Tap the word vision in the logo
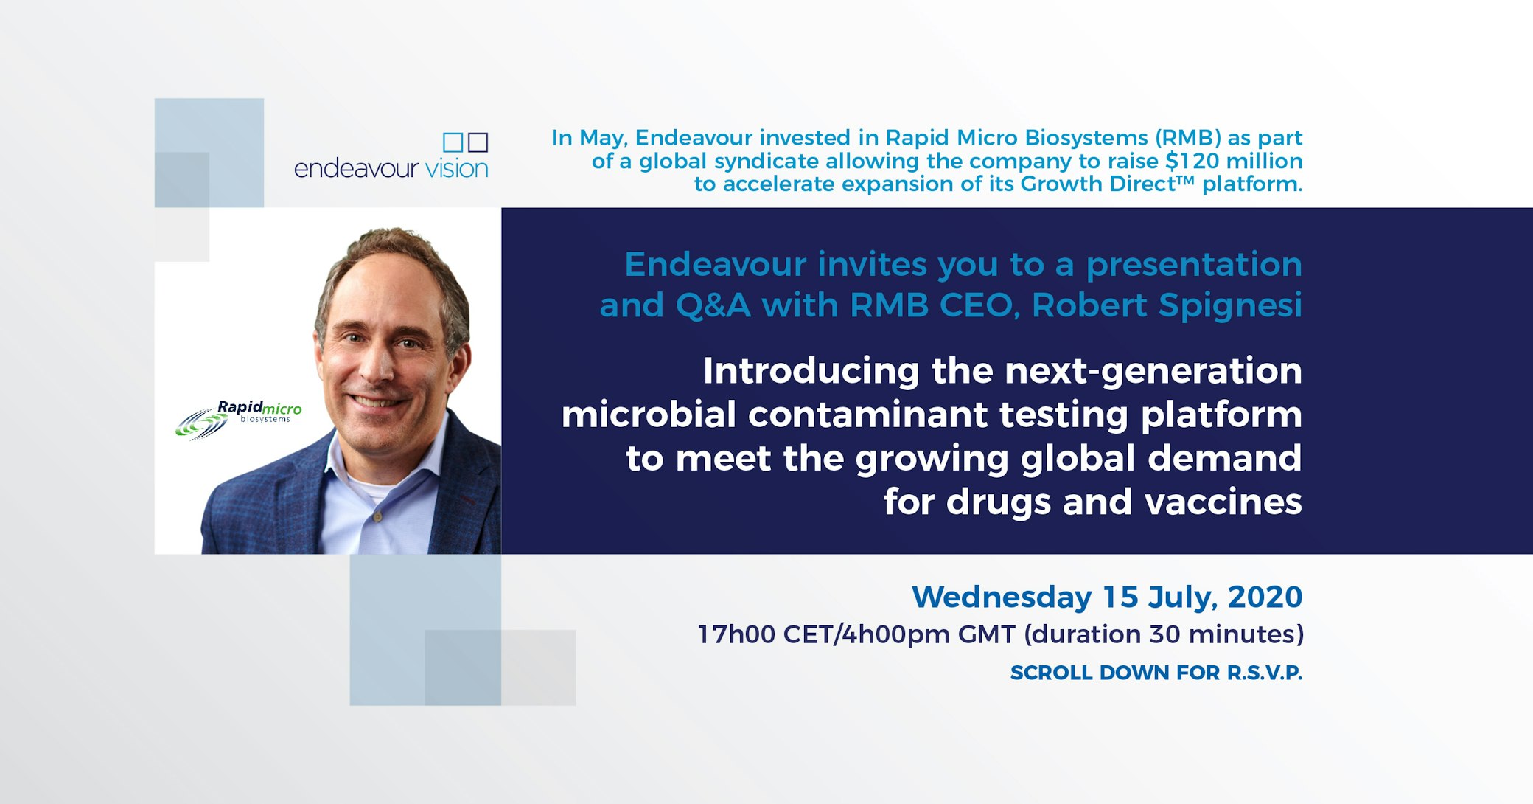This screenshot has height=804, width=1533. [456, 169]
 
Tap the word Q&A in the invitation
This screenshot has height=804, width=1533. [713, 305]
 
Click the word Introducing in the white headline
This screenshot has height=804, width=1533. [811, 370]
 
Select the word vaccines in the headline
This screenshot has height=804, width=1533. [1223, 502]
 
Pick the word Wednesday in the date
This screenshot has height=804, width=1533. [1002, 597]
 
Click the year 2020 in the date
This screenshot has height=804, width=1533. [1265, 597]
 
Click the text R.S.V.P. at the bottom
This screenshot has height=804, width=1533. [1264, 673]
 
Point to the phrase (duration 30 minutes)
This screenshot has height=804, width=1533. [1164, 634]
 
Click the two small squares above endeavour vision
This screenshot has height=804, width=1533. [465, 142]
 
